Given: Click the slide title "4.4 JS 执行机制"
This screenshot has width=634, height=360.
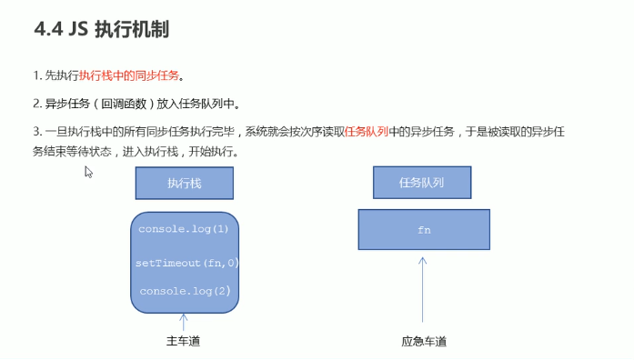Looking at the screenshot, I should pos(101,30).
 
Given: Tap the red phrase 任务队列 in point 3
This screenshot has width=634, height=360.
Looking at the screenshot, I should pos(367,131).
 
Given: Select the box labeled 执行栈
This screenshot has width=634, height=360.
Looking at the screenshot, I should pos(184,183).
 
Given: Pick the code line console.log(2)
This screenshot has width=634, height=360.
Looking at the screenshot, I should pos(184,291).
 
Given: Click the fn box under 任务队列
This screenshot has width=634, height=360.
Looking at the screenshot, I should pos(423,230).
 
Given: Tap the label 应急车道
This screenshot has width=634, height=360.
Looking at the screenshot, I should pos(423,343).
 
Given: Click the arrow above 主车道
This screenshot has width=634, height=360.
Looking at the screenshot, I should pos(184,321).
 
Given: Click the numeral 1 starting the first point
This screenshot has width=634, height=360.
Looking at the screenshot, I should pos(35,75).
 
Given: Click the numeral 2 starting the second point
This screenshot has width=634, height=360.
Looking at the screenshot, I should pos(35,103).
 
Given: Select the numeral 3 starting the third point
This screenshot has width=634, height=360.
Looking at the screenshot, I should pos(35,131).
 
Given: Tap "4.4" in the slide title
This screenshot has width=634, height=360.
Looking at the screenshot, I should pos(48,30).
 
